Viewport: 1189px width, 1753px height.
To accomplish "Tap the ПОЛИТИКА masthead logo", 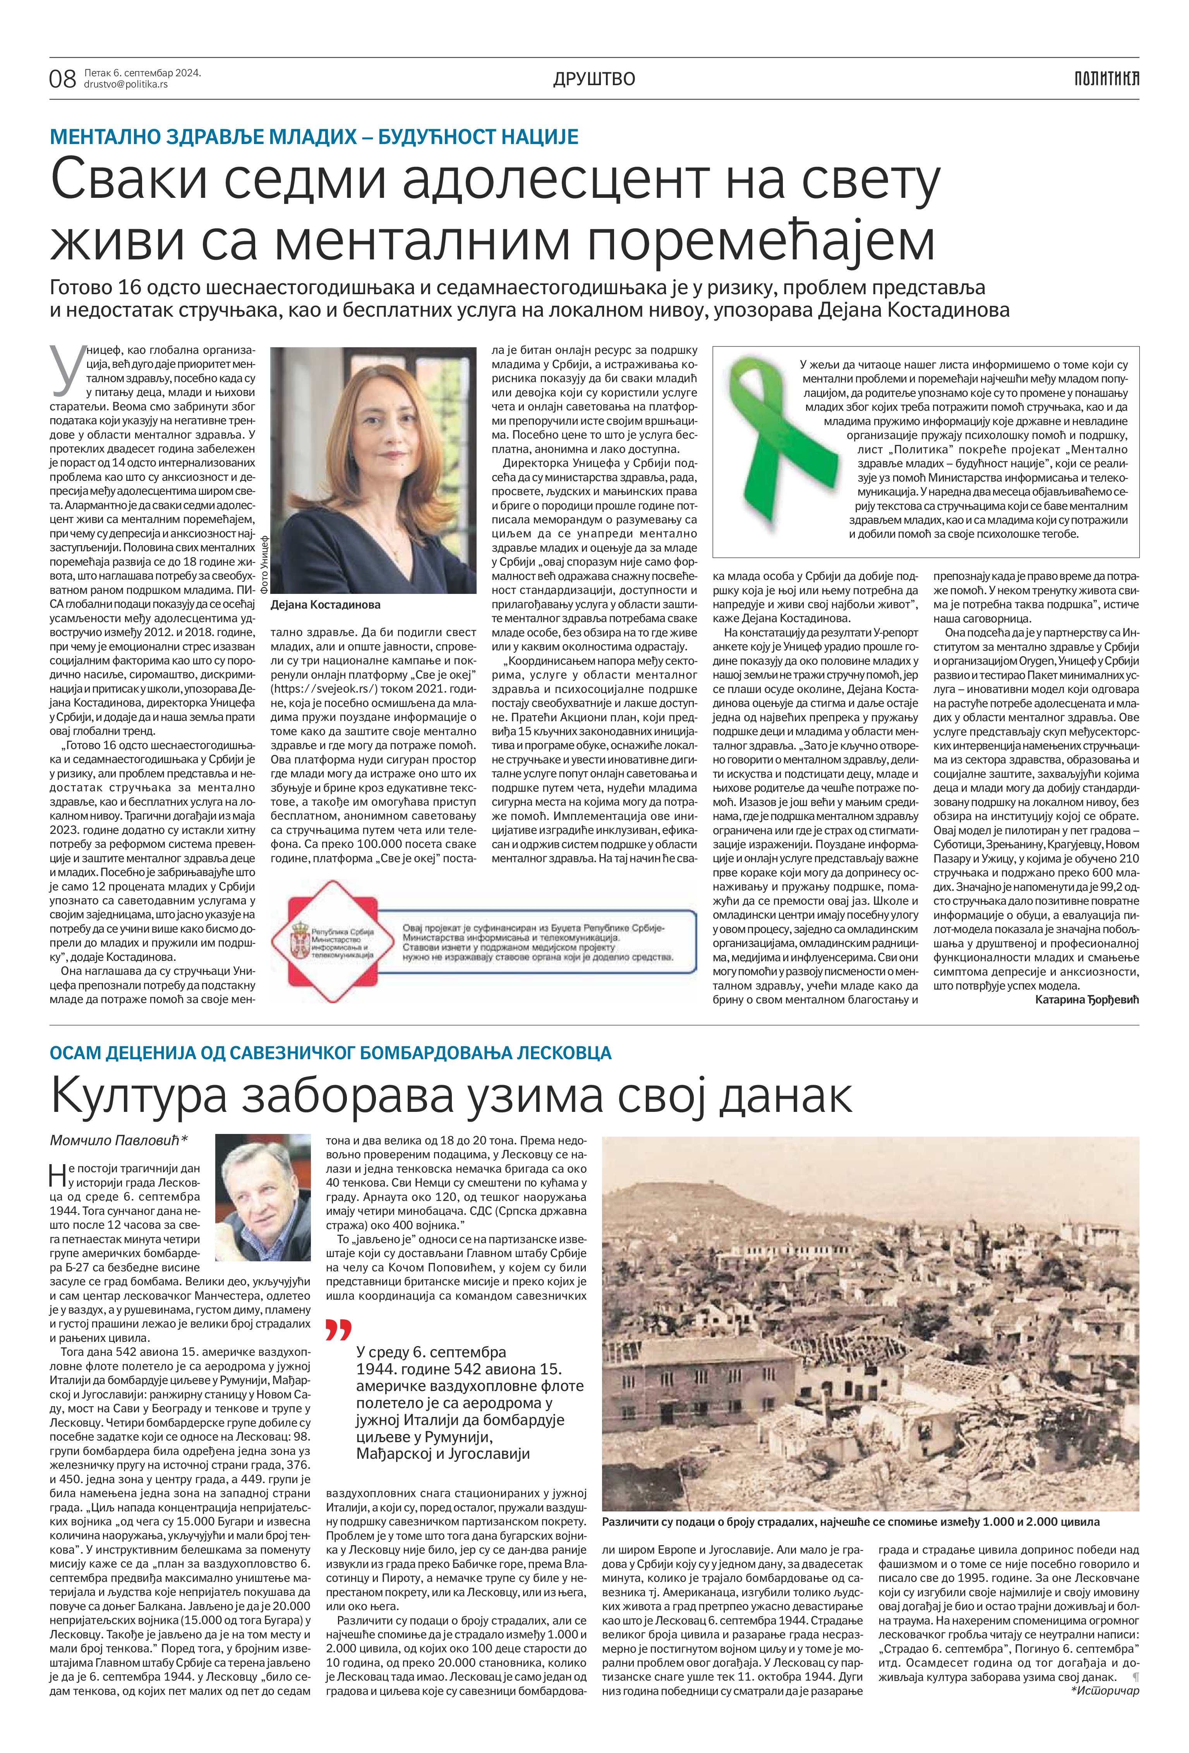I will click(1107, 79).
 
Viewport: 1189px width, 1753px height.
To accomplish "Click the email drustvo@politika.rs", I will click(126, 84).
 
